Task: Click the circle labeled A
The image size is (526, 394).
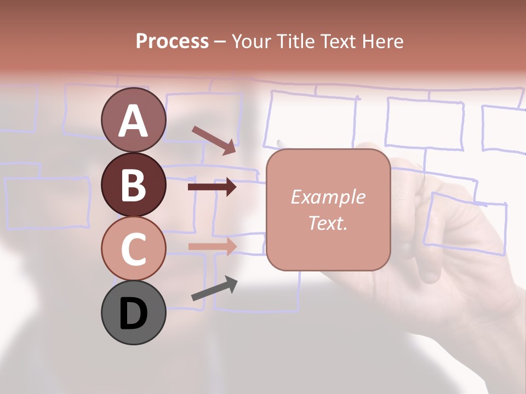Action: click(133, 120)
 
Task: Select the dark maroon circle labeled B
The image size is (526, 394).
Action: click(133, 184)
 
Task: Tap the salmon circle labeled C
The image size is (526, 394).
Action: click(133, 248)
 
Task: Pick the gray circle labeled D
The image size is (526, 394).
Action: click(133, 312)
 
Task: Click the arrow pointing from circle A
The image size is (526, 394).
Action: click(214, 140)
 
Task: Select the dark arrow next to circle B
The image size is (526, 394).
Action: click(212, 187)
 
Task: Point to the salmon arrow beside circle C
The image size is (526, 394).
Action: click(212, 246)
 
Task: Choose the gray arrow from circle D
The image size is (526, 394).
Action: click(214, 288)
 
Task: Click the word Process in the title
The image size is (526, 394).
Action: click(172, 41)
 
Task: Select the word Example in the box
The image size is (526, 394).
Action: click(328, 197)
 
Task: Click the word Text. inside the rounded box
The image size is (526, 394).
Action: click(328, 223)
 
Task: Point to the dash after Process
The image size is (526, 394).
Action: click(220, 42)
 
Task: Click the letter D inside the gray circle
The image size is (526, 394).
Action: click(133, 314)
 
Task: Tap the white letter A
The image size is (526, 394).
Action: click(133, 121)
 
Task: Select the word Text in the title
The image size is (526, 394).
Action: click(336, 41)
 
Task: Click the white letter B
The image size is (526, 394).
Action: click(133, 185)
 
